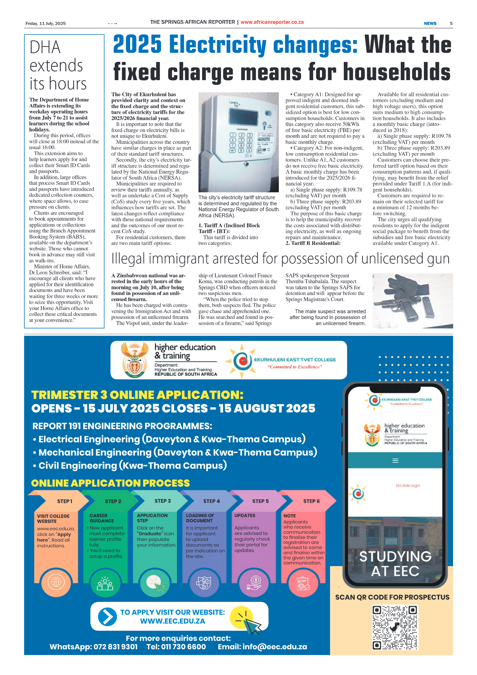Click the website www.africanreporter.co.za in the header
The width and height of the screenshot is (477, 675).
click(272, 22)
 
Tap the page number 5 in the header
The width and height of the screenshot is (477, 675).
click(451, 23)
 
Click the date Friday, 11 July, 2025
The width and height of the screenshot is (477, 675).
click(46, 23)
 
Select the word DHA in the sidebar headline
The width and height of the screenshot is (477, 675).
click(45, 47)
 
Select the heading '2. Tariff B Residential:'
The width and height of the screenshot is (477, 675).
click(313, 243)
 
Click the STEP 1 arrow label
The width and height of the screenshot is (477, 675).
click(65, 501)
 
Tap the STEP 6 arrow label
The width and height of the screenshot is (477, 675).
click(311, 501)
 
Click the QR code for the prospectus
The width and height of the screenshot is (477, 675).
click(395, 627)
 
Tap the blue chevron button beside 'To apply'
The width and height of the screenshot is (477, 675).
click(107, 616)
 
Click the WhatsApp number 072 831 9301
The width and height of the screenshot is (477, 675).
click(115, 647)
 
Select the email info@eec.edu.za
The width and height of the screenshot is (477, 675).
click(274, 647)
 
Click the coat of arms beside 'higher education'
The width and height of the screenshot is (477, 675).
click(134, 360)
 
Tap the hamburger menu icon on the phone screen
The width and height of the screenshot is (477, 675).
click(395, 461)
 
